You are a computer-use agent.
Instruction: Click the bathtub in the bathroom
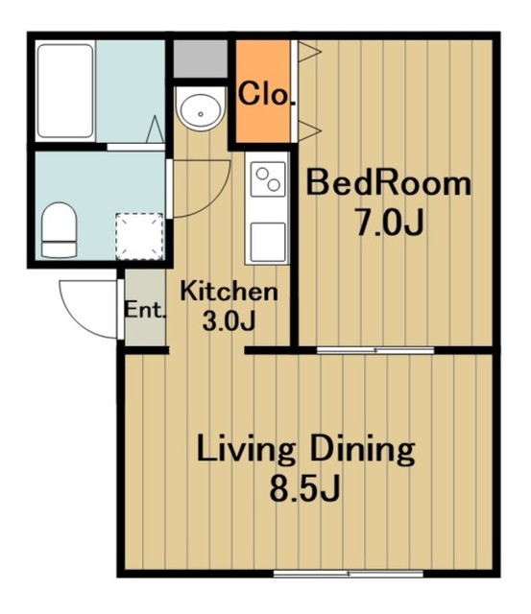click(65, 91)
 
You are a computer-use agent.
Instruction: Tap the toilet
click(60, 230)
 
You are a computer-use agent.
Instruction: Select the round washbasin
click(201, 108)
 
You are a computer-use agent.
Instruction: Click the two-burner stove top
click(269, 179)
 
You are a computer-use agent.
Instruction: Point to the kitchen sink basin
click(268, 242)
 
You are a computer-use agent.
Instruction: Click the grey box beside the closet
click(201, 59)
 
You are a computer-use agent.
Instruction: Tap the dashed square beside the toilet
click(139, 237)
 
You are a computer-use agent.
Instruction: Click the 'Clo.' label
click(267, 94)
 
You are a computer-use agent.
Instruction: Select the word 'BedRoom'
click(388, 183)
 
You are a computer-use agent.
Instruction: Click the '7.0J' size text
click(390, 224)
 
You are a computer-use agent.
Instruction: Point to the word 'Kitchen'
click(229, 292)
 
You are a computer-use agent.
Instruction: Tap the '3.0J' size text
click(229, 321)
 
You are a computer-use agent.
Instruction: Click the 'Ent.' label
click(145, 311)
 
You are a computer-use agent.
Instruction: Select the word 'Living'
click(246, 450)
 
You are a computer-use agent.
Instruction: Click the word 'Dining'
click(363, 450)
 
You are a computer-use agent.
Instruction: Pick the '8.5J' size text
click(304, 488)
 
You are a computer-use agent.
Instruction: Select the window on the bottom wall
click(349, 574)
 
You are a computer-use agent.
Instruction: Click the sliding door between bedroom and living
click(375, 350)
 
